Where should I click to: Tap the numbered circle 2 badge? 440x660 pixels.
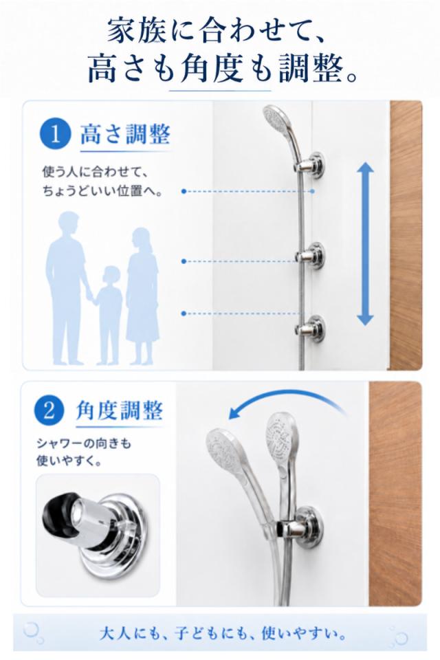tap(49, 410)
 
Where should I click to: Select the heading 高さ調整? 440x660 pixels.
tap(125, 134)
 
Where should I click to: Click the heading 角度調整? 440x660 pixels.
tap(120, 410)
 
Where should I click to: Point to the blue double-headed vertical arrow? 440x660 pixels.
tap(365, 243)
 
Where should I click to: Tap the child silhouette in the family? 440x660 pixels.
tap(109, 314)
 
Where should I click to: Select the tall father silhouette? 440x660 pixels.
tap(67, 288)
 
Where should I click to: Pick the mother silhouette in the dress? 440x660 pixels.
tap(142, 295)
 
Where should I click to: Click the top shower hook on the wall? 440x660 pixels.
tap(311, 166)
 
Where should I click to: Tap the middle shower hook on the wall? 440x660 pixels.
tap(311, 256)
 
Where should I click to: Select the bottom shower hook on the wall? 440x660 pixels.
tap(311, 329)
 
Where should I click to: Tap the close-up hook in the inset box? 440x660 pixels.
tap(96, 535)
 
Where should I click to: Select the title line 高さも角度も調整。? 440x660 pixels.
tap(223, 69)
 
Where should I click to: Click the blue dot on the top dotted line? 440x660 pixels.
tap(184, 191)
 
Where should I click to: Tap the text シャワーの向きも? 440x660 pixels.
tap(84, 443)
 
